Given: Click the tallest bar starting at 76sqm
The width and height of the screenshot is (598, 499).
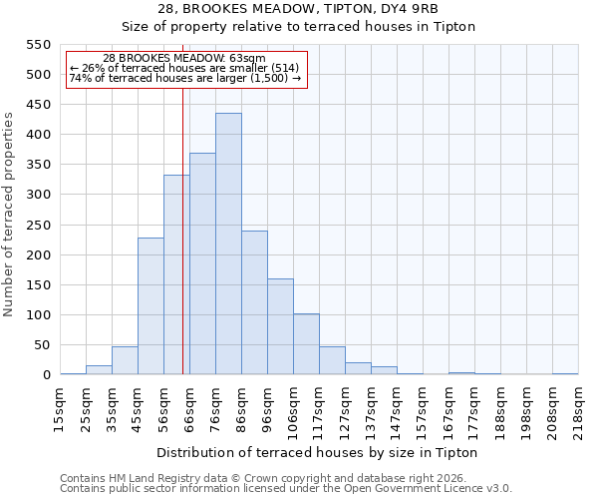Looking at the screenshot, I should [x=228, y=245].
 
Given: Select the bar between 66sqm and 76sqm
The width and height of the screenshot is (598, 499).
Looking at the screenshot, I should [x=202, y=264].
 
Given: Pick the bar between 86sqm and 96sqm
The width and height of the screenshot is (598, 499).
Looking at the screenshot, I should [x=254, y=303].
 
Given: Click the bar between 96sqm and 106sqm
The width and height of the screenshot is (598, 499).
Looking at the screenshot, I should [x=280, y=327].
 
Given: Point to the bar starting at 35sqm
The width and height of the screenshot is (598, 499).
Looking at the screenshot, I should [x=125, y=361].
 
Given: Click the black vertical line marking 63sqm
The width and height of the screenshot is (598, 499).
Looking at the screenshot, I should [x=182, y=230].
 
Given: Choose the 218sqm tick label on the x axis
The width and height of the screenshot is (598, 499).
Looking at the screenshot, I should [x=579, y=407].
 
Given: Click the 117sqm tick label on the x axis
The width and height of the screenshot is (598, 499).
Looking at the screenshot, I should [x=320, y=407].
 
